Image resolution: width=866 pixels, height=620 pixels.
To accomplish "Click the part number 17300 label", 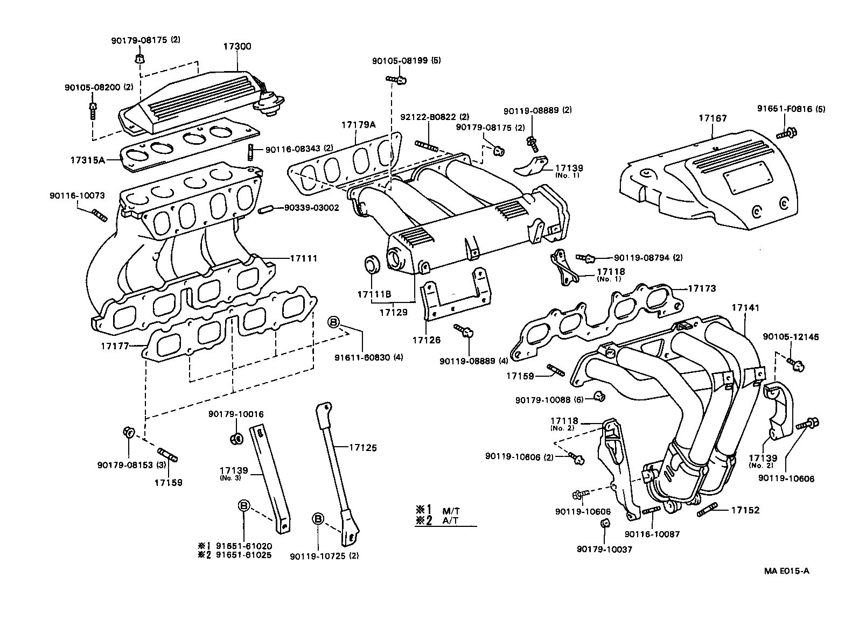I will pos(237,47).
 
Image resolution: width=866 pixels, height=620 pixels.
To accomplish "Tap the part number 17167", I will pos(713,117).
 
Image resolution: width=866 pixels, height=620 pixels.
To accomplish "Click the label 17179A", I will pos(358,125).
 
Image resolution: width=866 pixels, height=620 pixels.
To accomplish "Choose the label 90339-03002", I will pos(311,207).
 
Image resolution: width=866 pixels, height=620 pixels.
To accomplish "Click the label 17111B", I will pos(373,295).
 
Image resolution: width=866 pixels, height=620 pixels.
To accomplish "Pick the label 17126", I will pos(427,340).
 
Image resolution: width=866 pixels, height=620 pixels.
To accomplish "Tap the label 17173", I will pos(702,289).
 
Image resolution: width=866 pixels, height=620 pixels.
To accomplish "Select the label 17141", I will pos(745,308).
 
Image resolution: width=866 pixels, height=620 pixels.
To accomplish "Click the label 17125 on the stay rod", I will pos(362,447).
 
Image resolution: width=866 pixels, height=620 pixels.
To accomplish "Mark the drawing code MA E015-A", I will pos(786,571).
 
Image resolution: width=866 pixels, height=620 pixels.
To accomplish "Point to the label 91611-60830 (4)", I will pos(368,357).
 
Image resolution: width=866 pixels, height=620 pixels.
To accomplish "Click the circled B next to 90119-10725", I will pos(318,518).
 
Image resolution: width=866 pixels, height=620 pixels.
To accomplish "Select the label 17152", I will pos(745,510).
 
